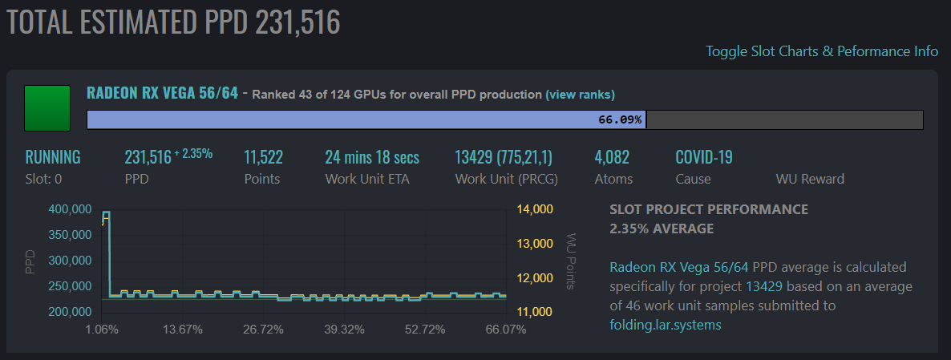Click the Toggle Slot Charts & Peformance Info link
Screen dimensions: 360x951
click(821, 51)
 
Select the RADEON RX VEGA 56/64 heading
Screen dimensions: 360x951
click(162, 93)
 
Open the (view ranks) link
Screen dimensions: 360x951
click(580, 95)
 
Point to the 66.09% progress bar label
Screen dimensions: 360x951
click(620, 120)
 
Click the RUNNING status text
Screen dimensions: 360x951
click(53, 157)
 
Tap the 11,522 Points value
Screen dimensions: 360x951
click(263, 157)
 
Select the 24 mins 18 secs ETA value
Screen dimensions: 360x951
click(372, 157)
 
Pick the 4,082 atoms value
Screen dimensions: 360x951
click(612, 157)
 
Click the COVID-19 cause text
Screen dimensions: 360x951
click(704, 157)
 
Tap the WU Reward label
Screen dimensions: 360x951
click(810, 179)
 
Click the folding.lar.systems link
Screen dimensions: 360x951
click(664, 325)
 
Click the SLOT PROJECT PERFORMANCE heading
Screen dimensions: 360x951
click(709, 210)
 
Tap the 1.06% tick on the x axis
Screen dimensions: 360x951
click(102, 330)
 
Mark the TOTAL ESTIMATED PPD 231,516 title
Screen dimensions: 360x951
click(174, 22)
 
